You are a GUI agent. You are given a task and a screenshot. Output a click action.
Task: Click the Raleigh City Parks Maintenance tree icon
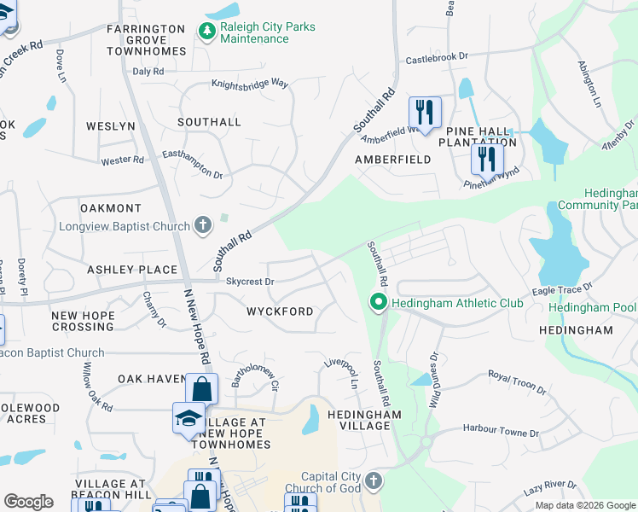click(206, 32)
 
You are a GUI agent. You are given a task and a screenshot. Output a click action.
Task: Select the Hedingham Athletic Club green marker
click(377, 302)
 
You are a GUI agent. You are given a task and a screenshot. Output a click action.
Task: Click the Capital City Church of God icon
click(373, 482)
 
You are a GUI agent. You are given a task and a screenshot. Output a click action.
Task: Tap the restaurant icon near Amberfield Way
click(424, 111)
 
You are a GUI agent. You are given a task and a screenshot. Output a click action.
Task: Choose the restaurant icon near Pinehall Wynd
click(487, 158)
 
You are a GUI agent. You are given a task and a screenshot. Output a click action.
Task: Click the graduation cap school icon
click(188, 417)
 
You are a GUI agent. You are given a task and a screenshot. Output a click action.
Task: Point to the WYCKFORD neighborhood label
click(281, 311)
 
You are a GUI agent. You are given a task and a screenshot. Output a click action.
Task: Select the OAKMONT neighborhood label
click(111, 208)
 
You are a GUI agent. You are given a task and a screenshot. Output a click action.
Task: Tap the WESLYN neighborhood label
click(111, 126)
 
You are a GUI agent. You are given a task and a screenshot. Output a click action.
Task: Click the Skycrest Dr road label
click(250, 281)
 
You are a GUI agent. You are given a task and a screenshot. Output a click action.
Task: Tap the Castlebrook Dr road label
click(437, 57)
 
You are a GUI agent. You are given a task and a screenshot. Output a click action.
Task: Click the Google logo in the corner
click(29, 502)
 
